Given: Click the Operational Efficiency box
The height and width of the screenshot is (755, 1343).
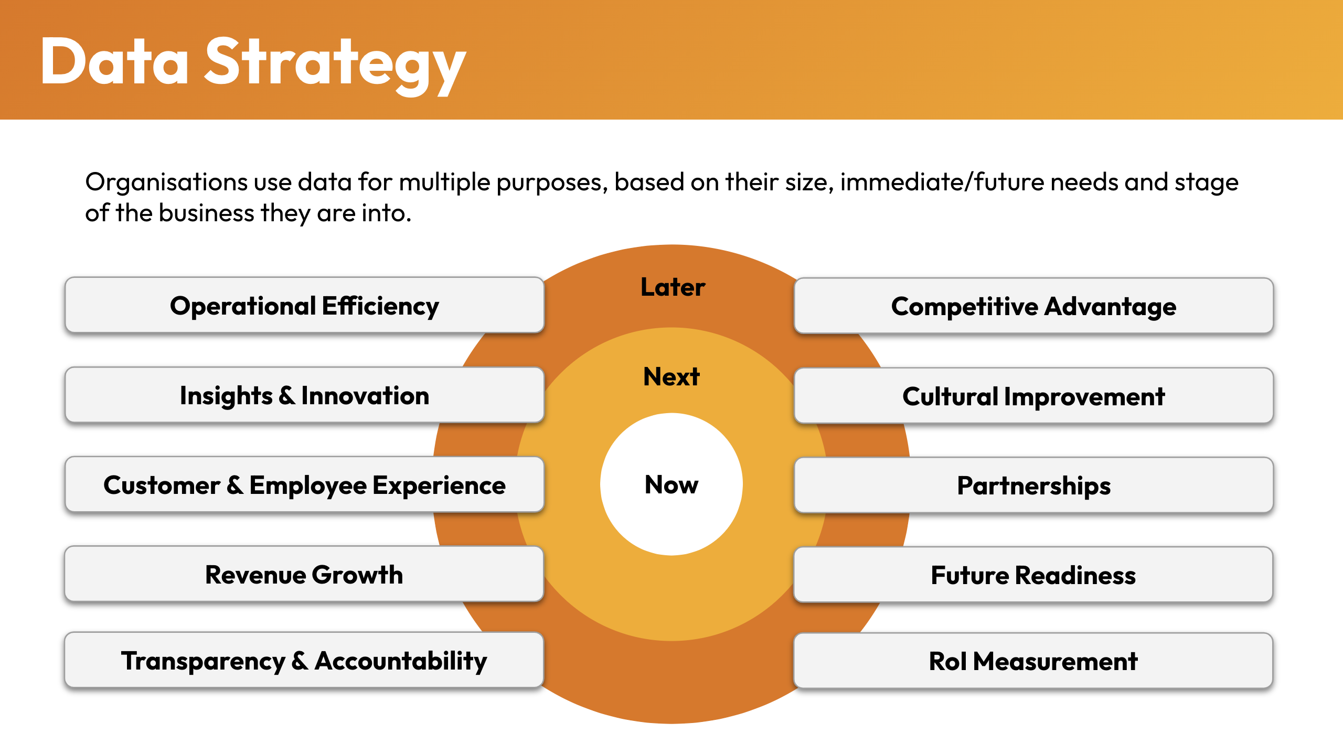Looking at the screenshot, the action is click(304, 305).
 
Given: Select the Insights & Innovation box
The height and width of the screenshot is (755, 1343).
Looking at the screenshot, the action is click(304, 395).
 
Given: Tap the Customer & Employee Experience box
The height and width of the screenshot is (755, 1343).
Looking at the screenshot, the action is click(304, 484).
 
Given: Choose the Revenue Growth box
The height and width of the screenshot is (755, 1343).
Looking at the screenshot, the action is click(304, 574).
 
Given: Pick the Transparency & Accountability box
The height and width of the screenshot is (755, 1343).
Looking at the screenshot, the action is click(304, 660).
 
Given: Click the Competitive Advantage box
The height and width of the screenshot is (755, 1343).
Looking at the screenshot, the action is click(1033, 306).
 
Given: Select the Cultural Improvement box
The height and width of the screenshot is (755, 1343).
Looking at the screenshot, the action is click(1033, 396).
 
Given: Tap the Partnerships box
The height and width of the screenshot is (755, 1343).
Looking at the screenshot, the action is click(1033, 485).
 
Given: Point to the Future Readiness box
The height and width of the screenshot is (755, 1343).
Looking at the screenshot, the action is click(1033, 575).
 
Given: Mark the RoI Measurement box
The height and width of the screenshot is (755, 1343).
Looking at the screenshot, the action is click(1033, 661).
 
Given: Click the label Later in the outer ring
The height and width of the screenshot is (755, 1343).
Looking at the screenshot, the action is click(673, 287).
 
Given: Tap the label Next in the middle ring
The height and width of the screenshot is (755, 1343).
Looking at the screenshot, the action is click(671, 376).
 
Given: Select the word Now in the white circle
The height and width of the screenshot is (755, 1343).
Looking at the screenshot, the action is click(671, 484).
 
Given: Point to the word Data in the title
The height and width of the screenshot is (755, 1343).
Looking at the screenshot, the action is click(114, 61).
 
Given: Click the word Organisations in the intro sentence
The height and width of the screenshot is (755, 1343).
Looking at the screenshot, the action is click(166, 182).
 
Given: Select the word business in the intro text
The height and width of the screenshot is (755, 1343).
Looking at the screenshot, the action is click(207, 213).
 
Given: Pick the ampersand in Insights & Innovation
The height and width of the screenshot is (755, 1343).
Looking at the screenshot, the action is click(287, 395).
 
